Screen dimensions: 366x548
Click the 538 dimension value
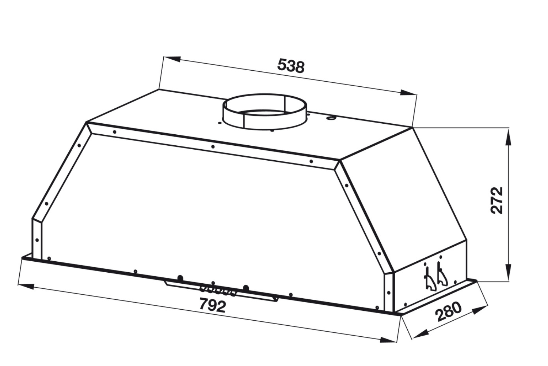tap(290, 66)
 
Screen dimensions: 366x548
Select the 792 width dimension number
tap(213, 305)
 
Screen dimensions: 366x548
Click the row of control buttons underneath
tap(218, 290)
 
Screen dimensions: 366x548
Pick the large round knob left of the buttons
tap(180, 278)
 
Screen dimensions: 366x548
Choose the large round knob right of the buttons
tap(246, 287)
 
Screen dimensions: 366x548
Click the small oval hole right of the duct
tap(331, 118)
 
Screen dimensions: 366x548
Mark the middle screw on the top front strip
tap(213, 147)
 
